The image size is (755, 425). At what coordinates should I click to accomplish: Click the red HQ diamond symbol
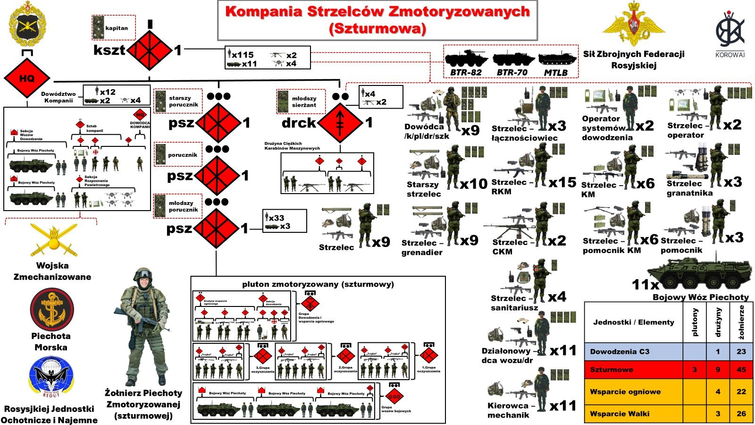(26, 78)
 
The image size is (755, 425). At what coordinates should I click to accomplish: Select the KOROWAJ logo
(730, 33)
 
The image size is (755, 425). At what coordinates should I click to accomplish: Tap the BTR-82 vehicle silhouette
(465, 60)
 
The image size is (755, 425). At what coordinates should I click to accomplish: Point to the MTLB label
(556, 72)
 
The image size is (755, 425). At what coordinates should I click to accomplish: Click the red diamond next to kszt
(150, 50)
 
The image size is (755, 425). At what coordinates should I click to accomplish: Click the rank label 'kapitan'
(117, 28)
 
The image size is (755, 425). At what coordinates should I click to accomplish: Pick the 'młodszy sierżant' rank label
(304, 102)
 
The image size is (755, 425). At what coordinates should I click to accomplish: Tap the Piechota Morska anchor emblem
(51, 309)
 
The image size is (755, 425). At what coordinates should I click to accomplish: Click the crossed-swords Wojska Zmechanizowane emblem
(53, 240)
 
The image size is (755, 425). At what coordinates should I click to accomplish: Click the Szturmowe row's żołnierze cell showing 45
(741, 369)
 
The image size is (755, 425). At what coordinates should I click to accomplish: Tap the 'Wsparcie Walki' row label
(620, 414)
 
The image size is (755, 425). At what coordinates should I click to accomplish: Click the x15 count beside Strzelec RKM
(562, 182)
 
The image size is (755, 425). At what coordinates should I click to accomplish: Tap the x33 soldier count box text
(277, 218)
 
